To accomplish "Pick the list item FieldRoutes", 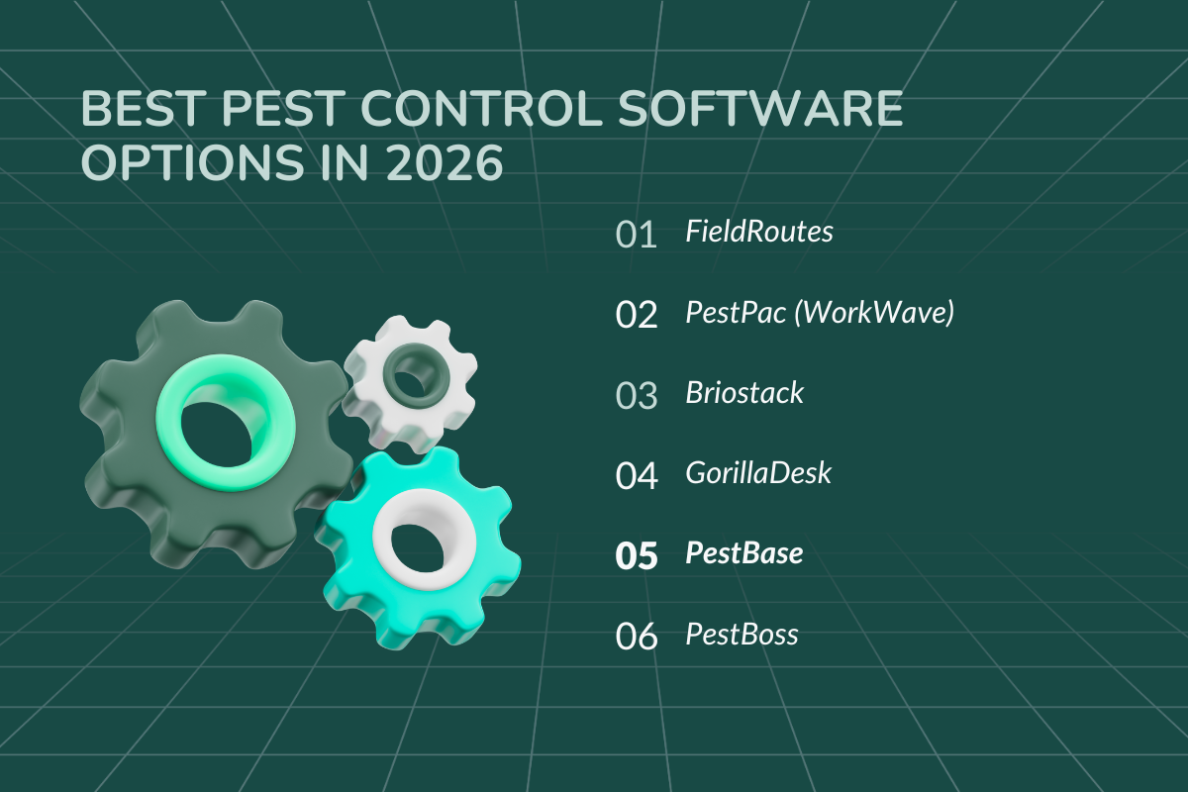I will point(759,233).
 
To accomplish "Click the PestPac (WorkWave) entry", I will point(820,314).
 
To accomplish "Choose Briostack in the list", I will point(744,393).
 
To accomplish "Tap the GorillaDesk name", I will point(758,473).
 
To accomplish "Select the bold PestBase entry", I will point(743,553).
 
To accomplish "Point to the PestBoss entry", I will point(742,634).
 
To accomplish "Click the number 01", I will point(637,235).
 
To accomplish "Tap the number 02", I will point(637,315).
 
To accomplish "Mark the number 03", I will point(637,395).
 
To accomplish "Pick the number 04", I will point(637,475).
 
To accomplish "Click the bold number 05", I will point(637,555).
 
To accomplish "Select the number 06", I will point(637,636).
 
